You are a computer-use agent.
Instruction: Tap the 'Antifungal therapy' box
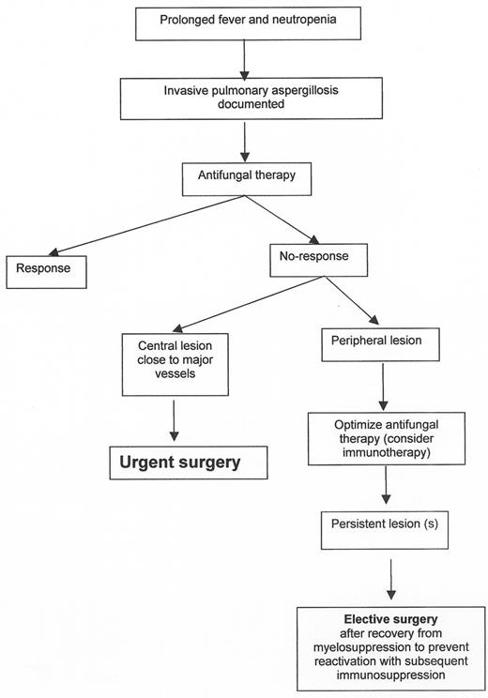click(244, 175)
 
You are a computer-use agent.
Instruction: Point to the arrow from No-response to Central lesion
click(234, 305)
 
